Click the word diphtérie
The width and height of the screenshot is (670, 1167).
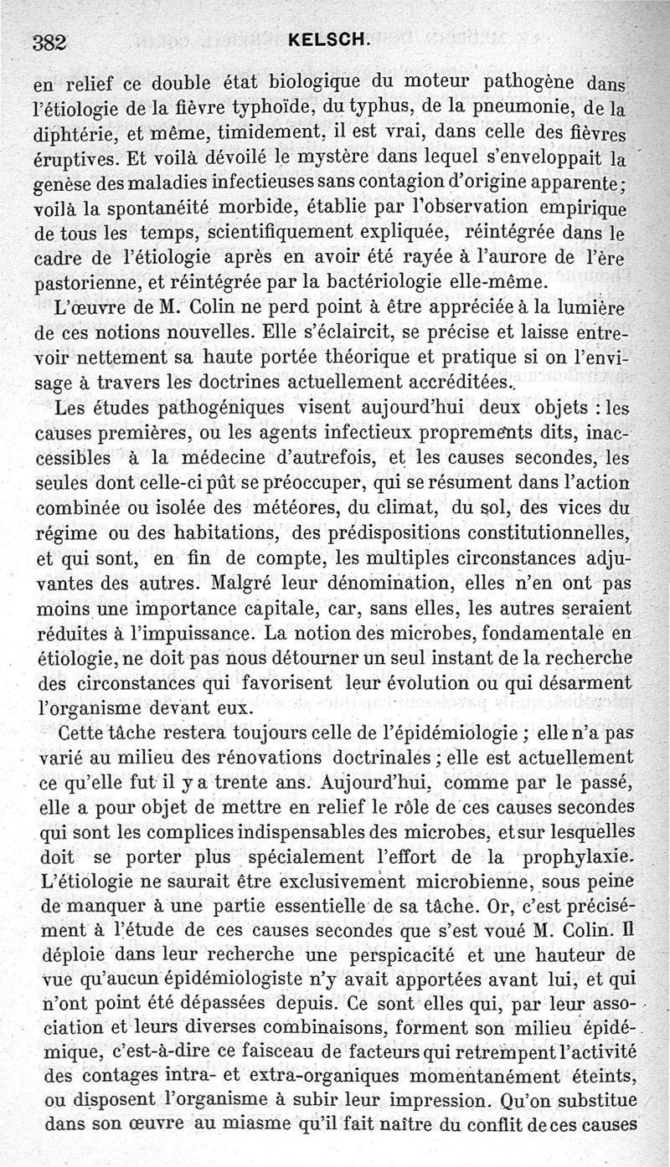[75, 134]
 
